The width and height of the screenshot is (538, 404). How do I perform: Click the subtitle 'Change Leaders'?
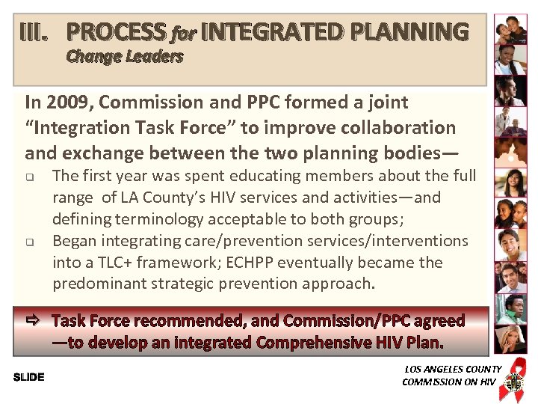pos(125,57)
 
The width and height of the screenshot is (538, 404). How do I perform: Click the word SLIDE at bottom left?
pos(29,377)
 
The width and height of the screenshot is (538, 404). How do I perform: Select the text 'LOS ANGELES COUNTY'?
pos(453,369)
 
